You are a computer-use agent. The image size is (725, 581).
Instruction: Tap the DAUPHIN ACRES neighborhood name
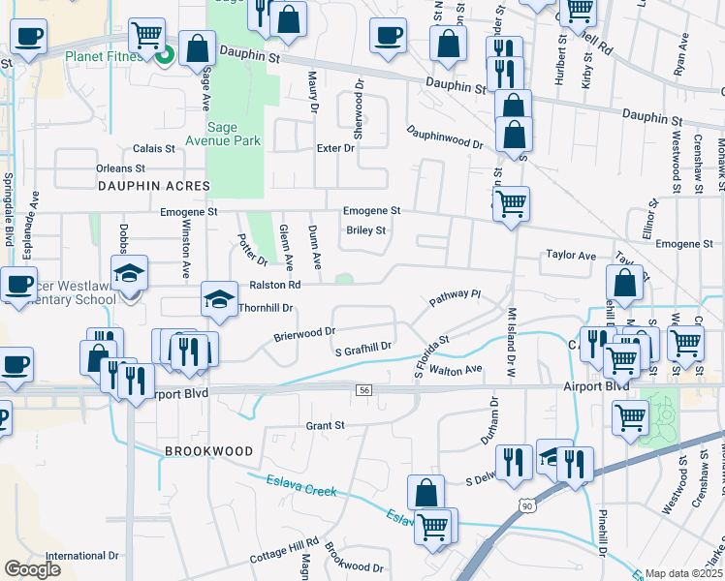[x=153, y=184]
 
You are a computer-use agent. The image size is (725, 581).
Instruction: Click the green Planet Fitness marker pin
[x=165, y=56]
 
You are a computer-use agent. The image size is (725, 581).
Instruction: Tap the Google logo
[x=32, y=569]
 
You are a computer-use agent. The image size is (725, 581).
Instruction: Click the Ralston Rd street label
[x=275, y=285]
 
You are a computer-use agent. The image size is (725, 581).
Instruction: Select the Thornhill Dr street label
[x=265, y=307]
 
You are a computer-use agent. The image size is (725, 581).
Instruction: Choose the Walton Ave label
[x=456, y=370]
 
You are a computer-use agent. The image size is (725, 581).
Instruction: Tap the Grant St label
[x=325, y=425]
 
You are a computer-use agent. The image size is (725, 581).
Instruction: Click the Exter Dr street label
[x=335, y=148]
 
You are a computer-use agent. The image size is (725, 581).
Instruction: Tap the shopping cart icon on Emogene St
[x=511, y=204]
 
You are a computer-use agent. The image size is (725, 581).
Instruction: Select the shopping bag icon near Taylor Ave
[x=625, y=283]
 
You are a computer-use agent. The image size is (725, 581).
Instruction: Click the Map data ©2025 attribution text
[x=684, y=573]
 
